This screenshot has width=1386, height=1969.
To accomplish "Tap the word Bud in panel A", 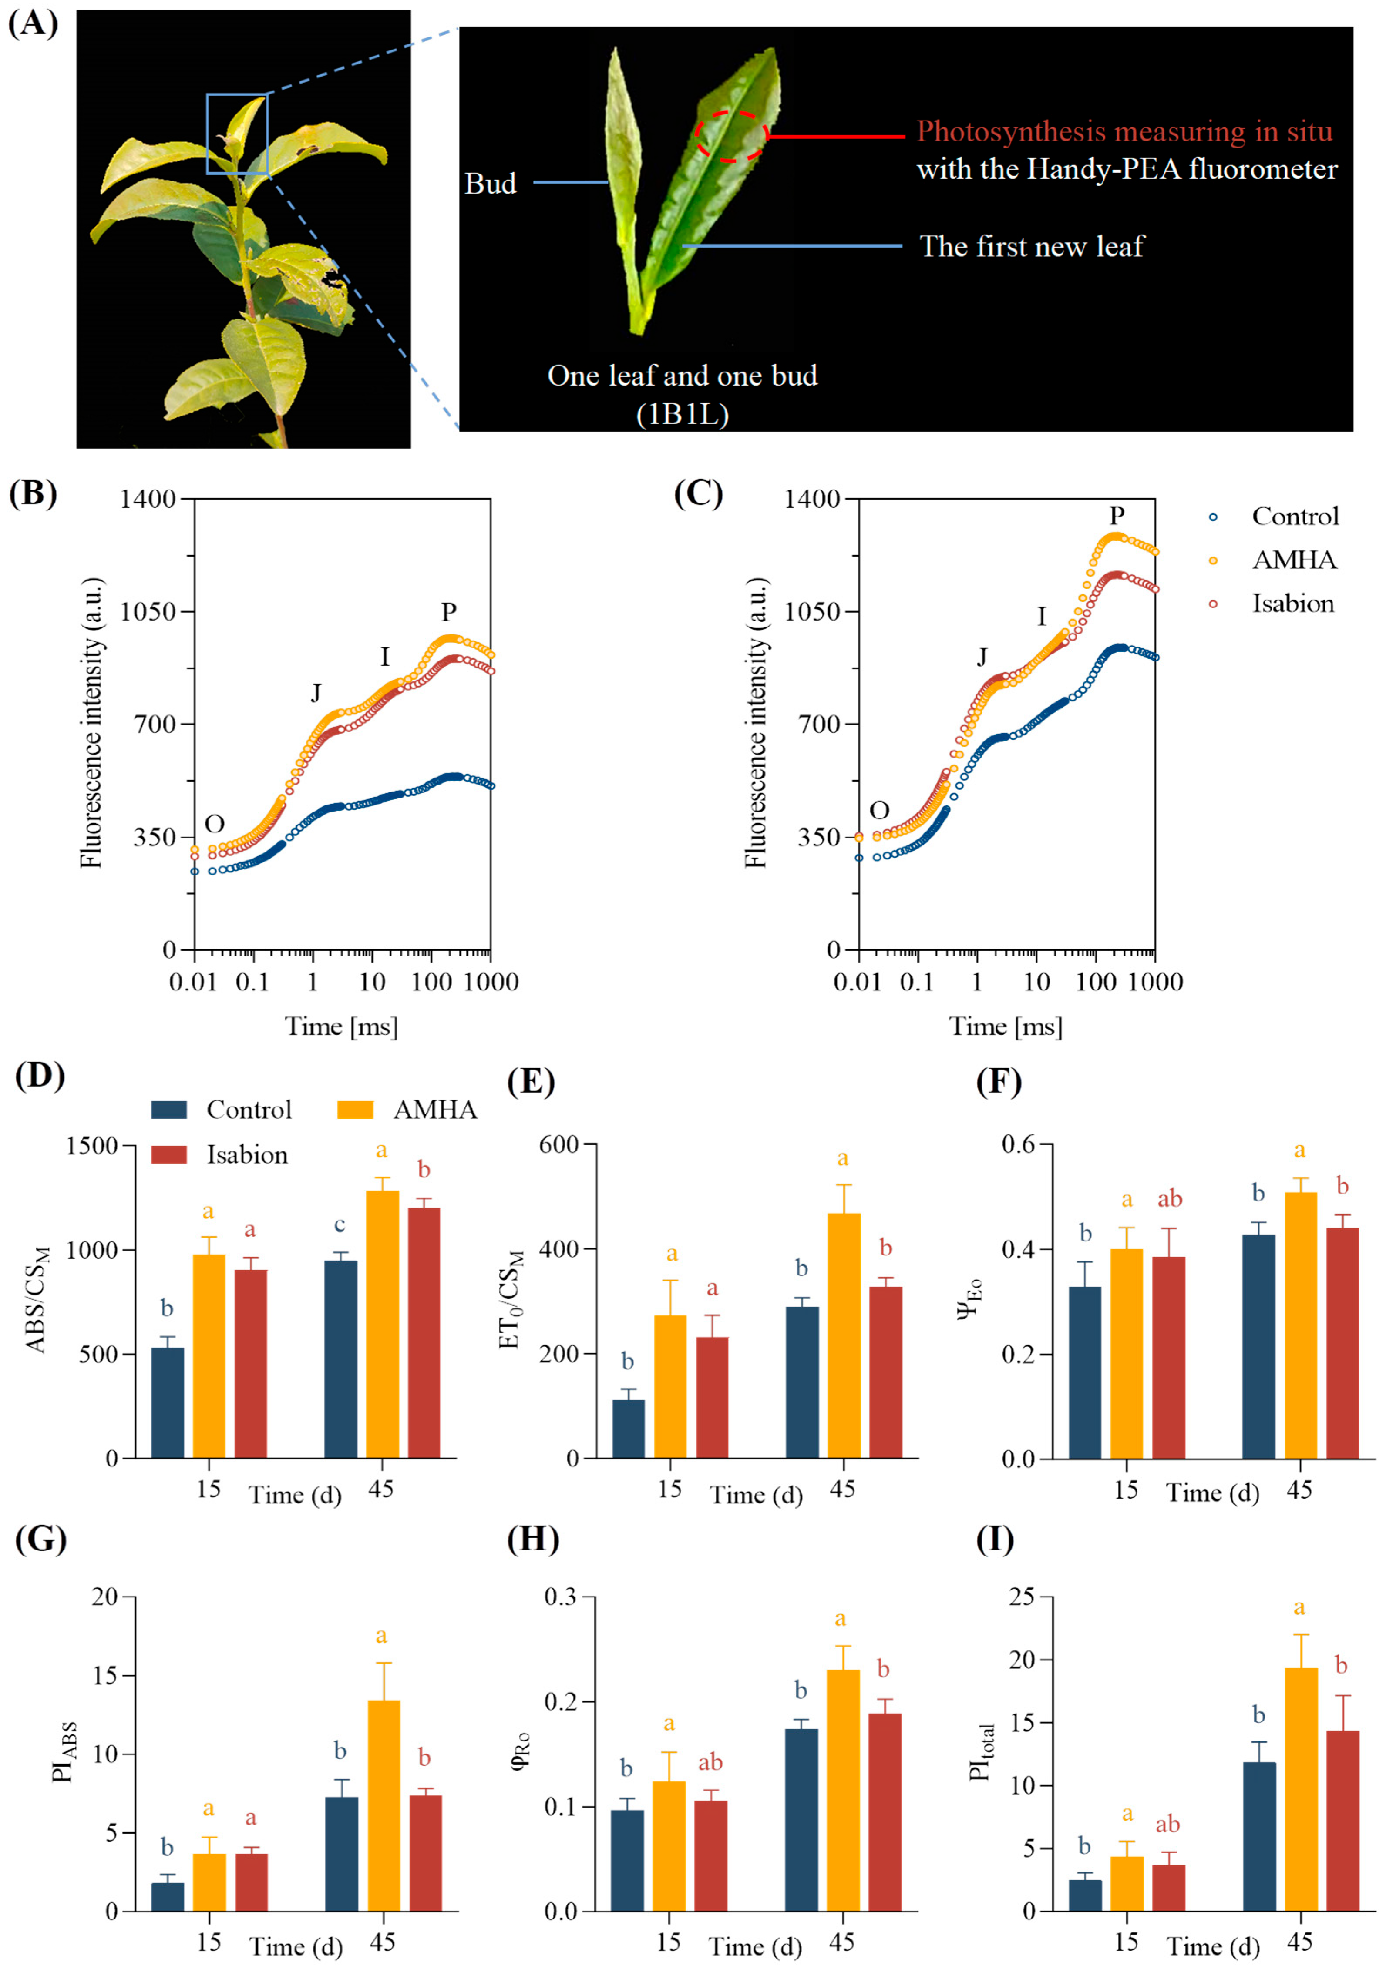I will [491, 184].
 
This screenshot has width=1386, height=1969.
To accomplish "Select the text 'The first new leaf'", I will [1032, 247].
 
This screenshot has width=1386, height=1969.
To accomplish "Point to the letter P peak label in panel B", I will [448, 612].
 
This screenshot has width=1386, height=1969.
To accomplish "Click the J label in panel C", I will [982, 657].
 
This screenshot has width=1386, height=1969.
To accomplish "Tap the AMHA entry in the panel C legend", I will [1293, 560].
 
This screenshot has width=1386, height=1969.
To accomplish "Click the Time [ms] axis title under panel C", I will [1005, 1026].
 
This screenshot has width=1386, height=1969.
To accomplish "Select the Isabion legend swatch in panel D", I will [169, 1154].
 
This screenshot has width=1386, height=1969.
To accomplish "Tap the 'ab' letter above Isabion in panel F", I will [1170, 1199].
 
